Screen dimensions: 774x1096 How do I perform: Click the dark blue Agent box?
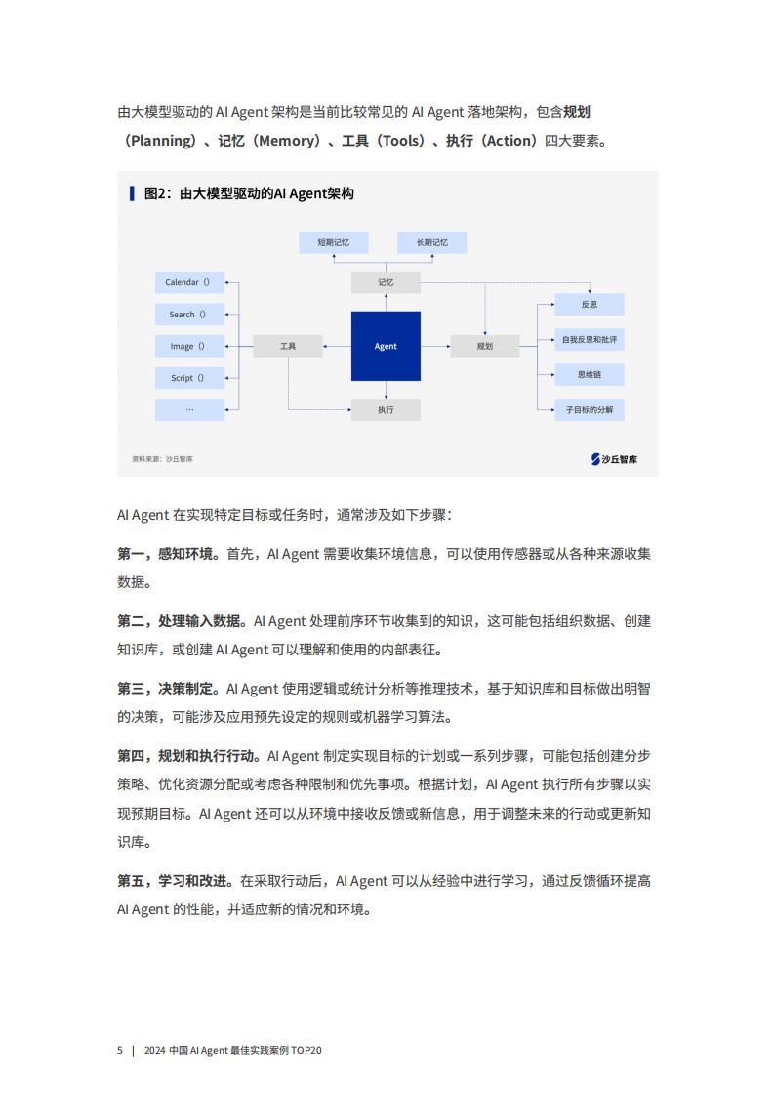[386, 346]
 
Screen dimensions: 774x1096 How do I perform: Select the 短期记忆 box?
[333, 242]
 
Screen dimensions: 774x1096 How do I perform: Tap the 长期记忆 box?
[431, 242]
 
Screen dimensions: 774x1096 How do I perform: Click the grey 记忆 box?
[386, 282]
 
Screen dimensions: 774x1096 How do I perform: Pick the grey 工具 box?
[288, 346]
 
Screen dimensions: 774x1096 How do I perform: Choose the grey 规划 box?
[485, 346]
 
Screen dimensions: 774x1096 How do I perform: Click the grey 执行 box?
[386, 409]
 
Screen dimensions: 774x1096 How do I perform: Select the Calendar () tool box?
[189, 282]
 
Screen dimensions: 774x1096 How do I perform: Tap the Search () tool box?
[189, 315]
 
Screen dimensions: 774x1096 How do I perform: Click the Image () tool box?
[189, 346]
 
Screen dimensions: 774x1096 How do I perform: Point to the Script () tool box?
[189, 378]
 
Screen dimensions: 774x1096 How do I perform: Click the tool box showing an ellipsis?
[189, 409]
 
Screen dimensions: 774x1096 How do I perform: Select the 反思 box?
[589, 304]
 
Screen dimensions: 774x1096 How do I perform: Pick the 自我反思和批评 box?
[589, 340]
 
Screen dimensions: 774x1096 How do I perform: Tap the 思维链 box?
[589, 375]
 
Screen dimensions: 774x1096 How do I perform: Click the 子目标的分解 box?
[589, 409]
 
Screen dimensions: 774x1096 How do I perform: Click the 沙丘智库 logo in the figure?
[614, 459]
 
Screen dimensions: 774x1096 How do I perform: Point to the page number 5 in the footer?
[119, 1050]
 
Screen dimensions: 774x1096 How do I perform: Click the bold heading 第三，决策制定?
[165, 689]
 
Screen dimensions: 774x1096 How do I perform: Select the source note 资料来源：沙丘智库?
[162, 459]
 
